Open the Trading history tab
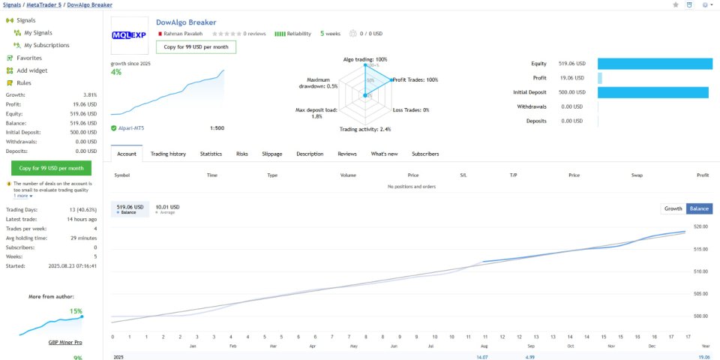168,154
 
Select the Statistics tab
211,154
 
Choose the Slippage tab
272,154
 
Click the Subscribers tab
425,154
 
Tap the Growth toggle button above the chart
673,208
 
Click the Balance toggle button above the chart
699,208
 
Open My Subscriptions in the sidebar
46,45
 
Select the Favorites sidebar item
29,58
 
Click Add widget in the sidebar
32,70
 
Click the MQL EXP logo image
129,35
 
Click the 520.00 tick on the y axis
700,226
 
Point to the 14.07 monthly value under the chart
481,357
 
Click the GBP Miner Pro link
65,343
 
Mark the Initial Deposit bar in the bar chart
653,92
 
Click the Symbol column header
121,175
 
